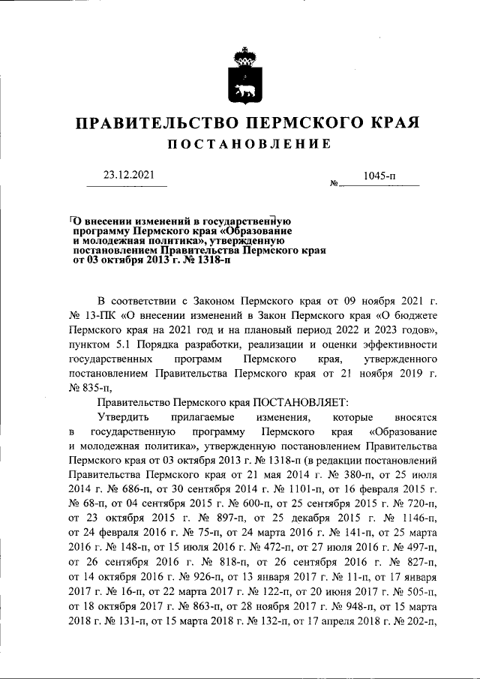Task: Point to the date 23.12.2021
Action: click(x=126, y=176)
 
